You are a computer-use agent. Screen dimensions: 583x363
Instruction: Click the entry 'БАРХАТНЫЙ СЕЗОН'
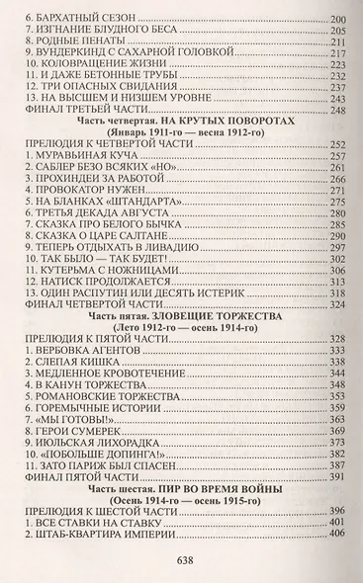click(x=78, y=19)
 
